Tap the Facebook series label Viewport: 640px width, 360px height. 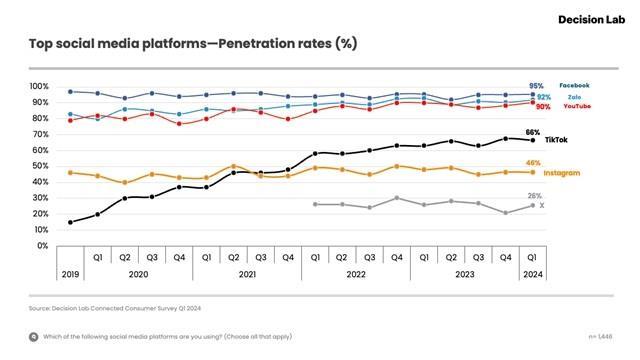[574, 86]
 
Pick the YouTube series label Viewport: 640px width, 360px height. [576, 106]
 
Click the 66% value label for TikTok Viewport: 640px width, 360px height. [533, 132]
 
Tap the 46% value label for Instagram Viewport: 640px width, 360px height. [533, 162]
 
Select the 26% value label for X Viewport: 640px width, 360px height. [534, 195]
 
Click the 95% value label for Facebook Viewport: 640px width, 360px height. [536, 86]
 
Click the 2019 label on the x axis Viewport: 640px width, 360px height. [70, 273]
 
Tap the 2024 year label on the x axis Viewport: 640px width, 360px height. [532, 273]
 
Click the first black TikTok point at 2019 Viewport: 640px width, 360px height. [70, 222]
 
